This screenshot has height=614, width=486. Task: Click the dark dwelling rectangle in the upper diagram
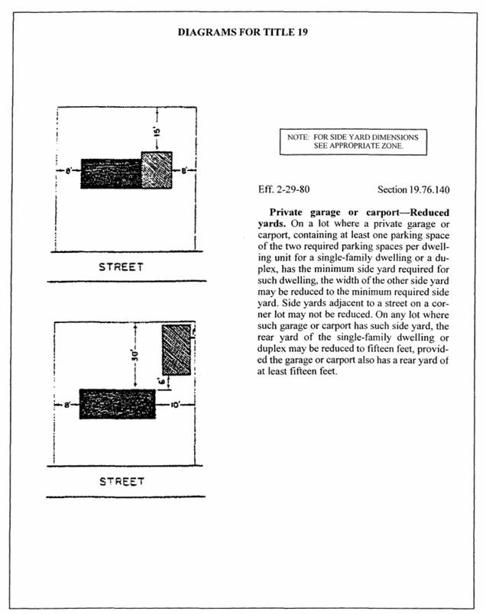pyautogui.click(x=112, y=173)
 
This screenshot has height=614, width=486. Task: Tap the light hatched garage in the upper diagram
pyautogui.click(x=157, y=170)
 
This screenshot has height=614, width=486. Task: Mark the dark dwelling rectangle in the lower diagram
pyautogui.click(x=117, y=404)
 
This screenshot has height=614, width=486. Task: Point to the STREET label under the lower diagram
pyautogui.click(x=121, y=482)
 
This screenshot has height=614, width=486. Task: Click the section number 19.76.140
pyautogui.click(x=413, y=188)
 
